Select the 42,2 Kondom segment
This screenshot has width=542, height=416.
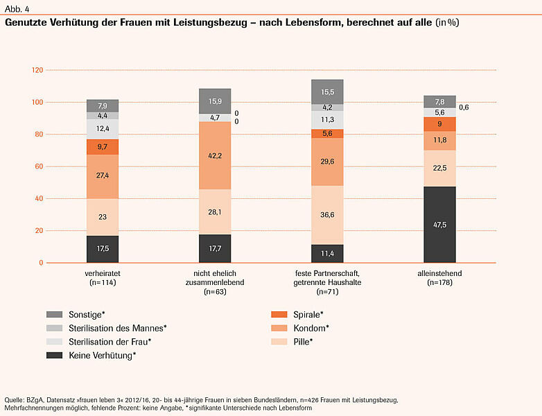(x=216, y=155)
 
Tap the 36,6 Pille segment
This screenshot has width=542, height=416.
(x=328, y=215)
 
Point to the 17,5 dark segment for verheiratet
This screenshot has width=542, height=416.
(x=103, y=249)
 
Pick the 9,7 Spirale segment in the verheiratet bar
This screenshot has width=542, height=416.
(x=103, y=147)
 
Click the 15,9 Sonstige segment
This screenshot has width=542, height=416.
(x=216, y=101)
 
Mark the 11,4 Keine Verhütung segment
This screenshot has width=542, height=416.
(x=328, y=254)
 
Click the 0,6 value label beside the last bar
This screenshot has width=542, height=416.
(x=464, y=107)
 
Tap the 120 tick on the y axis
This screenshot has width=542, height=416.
(x=37, y=70)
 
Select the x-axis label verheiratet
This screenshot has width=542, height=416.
(x=103, y=274)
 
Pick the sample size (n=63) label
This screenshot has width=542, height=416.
(x=216, y=293)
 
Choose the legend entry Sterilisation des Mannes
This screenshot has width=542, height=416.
(x=117, y=327)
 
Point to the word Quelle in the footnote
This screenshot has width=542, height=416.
(x=15, y=400)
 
